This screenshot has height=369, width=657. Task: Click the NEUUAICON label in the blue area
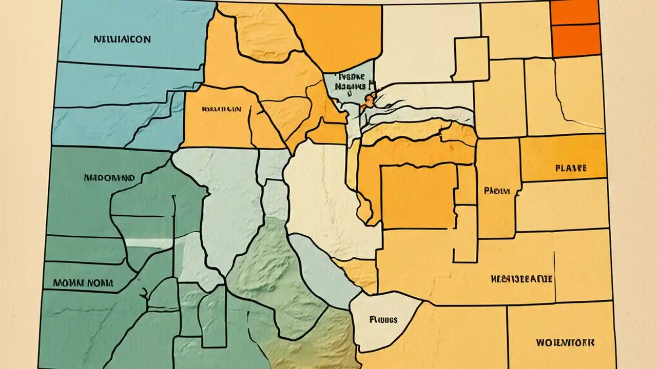click(x=122, y=39)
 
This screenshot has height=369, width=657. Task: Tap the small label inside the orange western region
click(x=221, y=109)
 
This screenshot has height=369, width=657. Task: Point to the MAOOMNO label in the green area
click(x=109, y=178)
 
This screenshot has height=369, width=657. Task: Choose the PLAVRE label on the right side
click(x=570, y=168)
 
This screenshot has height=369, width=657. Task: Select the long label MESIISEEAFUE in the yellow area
click(x=521, y=279)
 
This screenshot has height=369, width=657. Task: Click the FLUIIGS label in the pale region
click(x=383, y=320)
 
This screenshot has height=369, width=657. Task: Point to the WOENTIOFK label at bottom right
click(x=565, y=341)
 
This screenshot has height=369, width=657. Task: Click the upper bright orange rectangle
click(x=575, y=12)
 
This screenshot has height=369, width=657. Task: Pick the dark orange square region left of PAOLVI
click(x=418, y=196)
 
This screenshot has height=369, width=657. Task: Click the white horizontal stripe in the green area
click(x=149, y=243)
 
